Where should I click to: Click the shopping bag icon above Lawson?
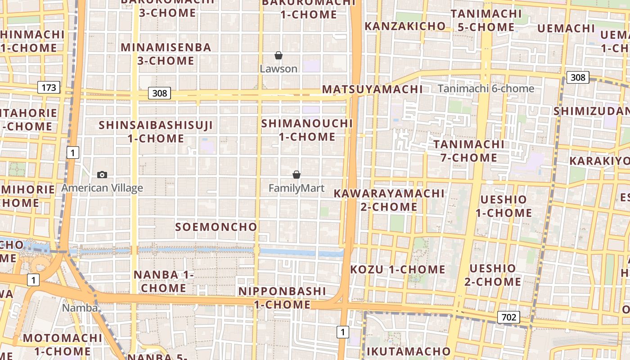click(x=279, y=56)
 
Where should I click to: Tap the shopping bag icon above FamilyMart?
click(x=297, y=175)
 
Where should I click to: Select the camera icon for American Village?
click(x=102, y=175)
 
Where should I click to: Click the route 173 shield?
click(x=48, y=87)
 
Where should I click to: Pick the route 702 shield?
click(x=508, y=317)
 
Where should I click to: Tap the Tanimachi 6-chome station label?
click(x=486, y=89)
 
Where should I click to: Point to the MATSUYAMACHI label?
click(x=372, y=89)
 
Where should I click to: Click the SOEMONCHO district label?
click(x=216, y=227)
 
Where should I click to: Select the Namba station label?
click(x=80, y=308)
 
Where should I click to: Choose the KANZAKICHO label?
click(x=405, y=26)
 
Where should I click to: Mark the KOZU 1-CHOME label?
click(x=398, y=270)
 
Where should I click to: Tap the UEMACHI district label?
click(x=566, y=28)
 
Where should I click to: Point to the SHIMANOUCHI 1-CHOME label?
click(x=307, y=130)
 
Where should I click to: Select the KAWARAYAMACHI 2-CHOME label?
click(x=389, y=200)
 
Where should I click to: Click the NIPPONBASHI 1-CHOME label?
click(x=282, y=297)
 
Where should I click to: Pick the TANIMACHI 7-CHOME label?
click(x=469, y=151)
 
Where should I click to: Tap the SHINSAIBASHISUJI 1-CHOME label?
click(x=156, y=131)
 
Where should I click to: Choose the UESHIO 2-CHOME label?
click(x=492, y=275)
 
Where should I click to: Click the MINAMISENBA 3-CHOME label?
click(x=166, y=54)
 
